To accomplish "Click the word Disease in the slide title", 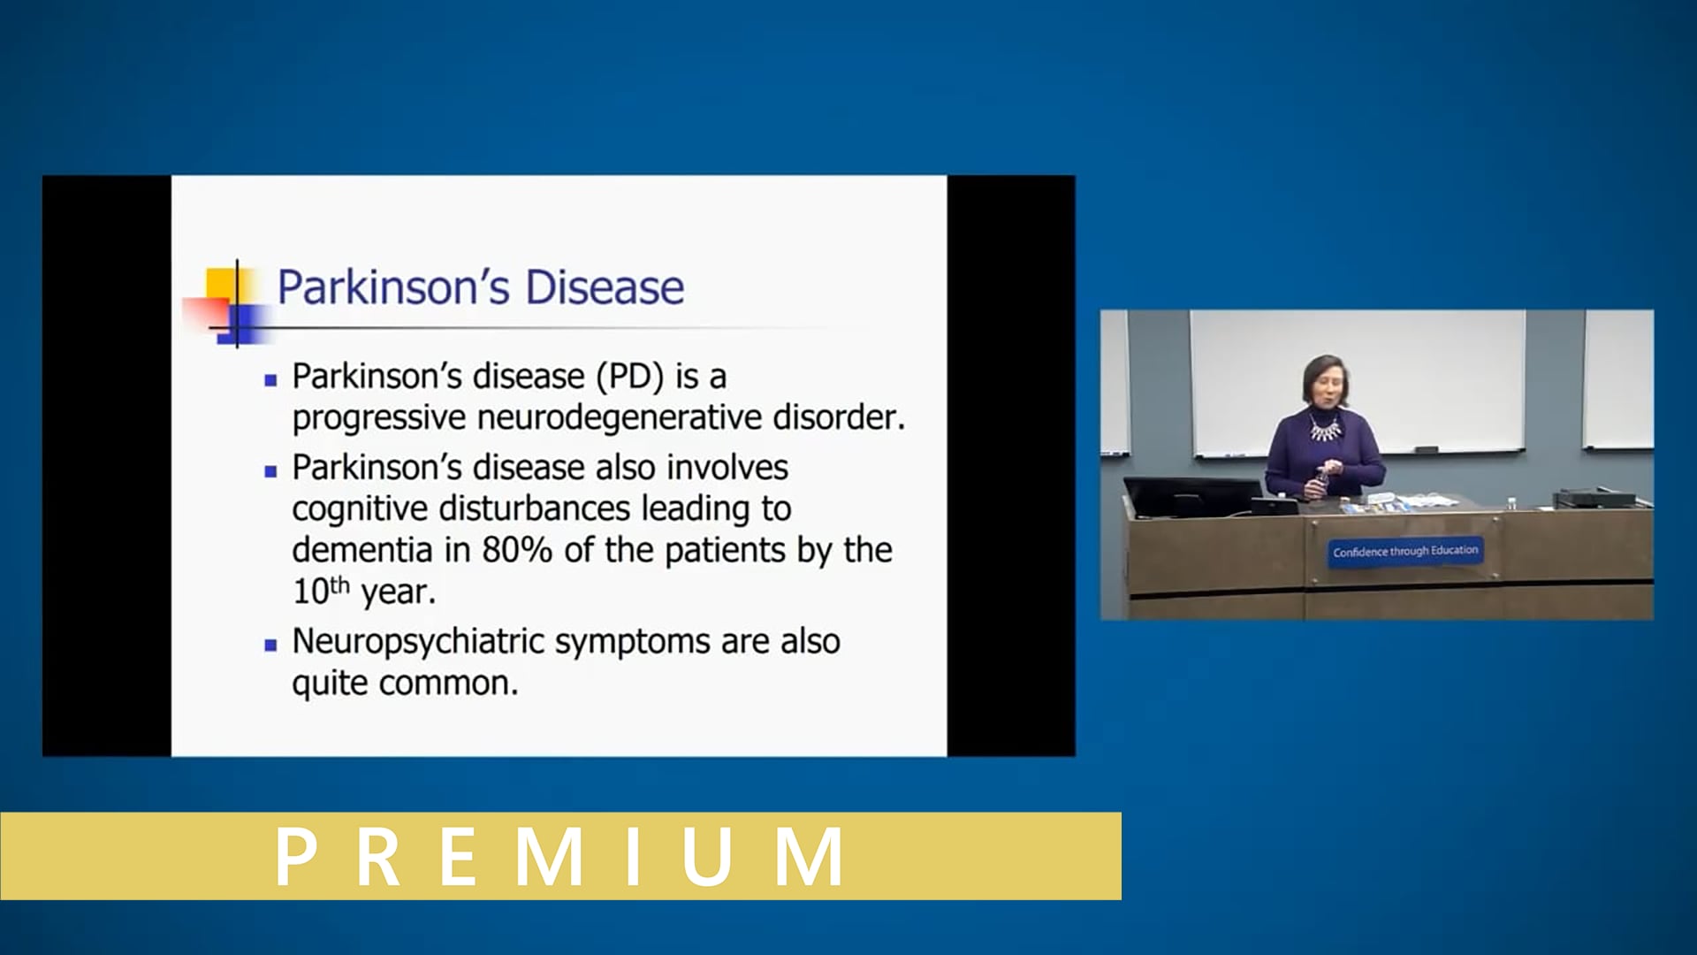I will tap(605, 287).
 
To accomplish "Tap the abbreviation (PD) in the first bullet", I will tap(630, 377).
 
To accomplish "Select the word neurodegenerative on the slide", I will tap(620, 417).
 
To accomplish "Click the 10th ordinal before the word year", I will tap(320, 591).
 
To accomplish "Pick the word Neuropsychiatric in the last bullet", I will tap(417, 642).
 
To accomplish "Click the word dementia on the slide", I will tap(362, 550).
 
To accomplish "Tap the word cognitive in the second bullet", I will tap(360, 508).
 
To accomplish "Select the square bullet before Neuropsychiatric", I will tap(270, 646).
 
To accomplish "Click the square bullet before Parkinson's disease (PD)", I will tap(270, 381).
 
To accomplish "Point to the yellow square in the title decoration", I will tap(221, 283).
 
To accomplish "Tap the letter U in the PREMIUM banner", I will tap(708, 856).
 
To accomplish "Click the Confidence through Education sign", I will tap(1404, 551).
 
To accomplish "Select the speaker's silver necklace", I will tap(1324, 430).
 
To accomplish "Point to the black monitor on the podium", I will tap(1191, 497).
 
